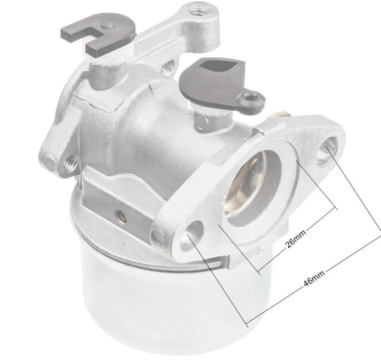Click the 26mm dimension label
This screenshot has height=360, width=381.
pos(296,239)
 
